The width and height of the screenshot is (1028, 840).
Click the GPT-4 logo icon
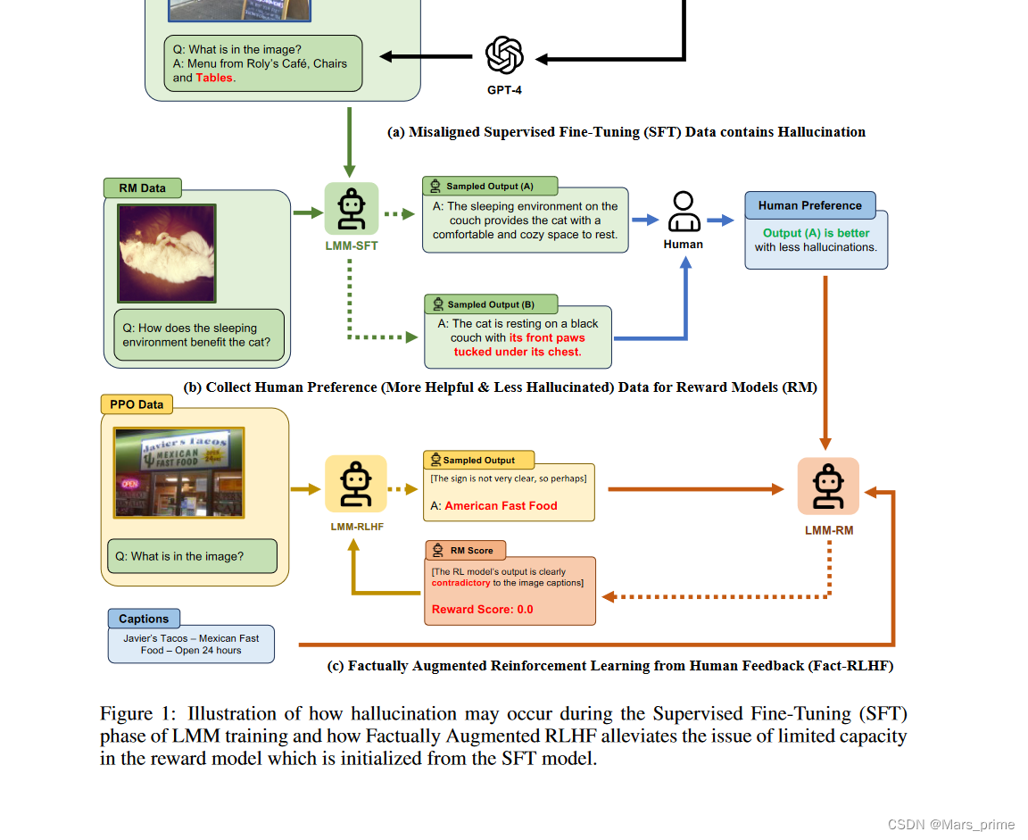(504, 55)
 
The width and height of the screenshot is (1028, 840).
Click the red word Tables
(214, 78)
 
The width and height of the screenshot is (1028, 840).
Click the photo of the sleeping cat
(167, 253)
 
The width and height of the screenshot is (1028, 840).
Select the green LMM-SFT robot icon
(351, 210)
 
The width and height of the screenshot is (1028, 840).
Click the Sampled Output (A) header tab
(490, 187)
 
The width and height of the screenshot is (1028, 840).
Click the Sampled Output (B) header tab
(491, 304)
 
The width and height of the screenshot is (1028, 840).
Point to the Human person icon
(684, 212)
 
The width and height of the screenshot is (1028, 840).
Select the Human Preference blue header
(809, 205)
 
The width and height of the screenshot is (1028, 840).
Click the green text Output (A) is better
(816, 233)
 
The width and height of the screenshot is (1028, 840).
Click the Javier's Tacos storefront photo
(178, 472)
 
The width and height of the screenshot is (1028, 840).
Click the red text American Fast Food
(501, 505)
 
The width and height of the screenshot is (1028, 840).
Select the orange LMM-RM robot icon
(827, 487)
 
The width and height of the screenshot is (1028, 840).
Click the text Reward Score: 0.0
(483, 610)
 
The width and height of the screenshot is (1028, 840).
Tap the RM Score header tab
(466, 550)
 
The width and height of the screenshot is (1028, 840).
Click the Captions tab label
(144, 619)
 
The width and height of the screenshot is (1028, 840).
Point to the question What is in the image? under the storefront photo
(187, 556)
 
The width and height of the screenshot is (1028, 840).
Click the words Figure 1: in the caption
(139, 714)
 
